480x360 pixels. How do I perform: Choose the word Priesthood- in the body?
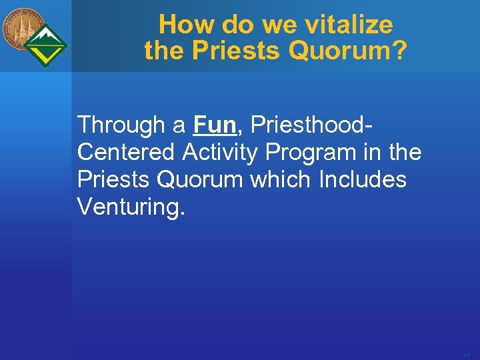tap(312, 125)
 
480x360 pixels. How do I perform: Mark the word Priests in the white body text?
tap(115, 180)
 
